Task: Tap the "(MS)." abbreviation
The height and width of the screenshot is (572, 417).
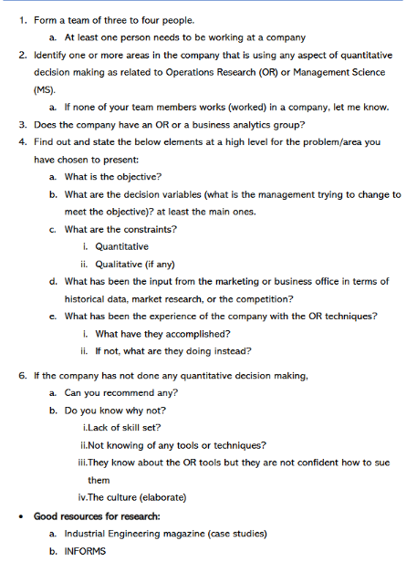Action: click(x=47, y=89)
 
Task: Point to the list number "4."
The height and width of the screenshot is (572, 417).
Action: click(x=23, y=141)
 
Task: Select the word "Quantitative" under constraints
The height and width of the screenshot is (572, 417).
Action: click(x=121, y=246)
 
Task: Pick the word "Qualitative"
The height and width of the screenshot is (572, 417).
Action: click(x=118, y=264)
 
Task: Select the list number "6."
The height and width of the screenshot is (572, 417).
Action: click(x=23, y=375)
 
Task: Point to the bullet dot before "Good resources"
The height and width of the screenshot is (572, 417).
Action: click(x=21, y=515)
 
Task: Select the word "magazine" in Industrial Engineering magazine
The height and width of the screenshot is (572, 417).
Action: click(x=194, y=533)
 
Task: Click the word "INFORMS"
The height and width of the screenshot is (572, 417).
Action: click(x=85, y=551)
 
